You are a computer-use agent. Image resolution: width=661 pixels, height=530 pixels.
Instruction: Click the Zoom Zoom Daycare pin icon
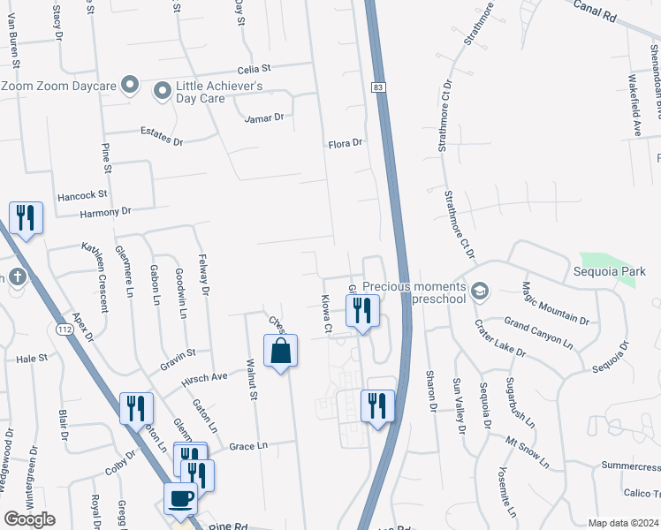coord(130,86)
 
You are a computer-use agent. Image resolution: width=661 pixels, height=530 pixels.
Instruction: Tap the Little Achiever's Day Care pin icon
coord(163,91)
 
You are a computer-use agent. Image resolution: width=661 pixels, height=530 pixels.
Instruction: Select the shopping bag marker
coord(280,351)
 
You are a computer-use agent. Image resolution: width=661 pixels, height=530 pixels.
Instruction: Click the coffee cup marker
coord(180,497)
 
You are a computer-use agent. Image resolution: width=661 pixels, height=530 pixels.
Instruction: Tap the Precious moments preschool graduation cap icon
coord(479,291)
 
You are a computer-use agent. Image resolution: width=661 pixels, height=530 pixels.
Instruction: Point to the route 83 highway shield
coord(377,87)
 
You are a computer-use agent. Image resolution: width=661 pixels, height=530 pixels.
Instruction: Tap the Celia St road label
coord(253,69)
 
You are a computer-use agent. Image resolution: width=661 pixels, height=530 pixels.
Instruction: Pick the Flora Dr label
coord(346,143)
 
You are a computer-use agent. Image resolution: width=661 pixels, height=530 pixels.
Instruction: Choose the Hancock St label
coord(82,194)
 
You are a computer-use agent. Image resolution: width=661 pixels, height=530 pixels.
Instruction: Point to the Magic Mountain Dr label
coord(555,302)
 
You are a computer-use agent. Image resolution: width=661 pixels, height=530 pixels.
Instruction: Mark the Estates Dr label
coord(162,136)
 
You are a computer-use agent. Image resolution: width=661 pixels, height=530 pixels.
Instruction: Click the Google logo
coord(29,519)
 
